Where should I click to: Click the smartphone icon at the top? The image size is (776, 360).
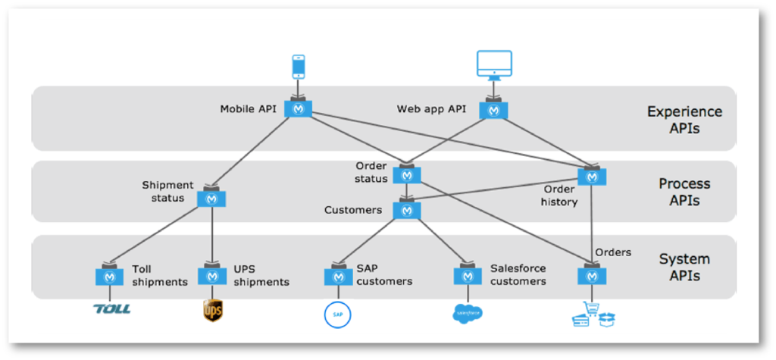pyautogui.click(x=299, y=67)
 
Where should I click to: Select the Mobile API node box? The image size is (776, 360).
pyautogui.click(x=299, y=109)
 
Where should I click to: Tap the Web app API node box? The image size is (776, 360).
pyautogui.click(x=494, y=110)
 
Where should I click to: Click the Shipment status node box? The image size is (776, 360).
pyautogui.click(x=212, y=199)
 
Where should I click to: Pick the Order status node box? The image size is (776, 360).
pyautogui.click(x=407, y=175)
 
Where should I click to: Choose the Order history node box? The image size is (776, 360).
pyautogui.click(x=592, y=177)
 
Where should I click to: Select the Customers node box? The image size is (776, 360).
pyautogui.click(x=407, y=210)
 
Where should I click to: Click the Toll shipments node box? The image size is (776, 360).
pyautogui.click(x=110, y=277)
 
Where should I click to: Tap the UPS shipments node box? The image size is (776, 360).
pyautogui.click(x=212, y=277)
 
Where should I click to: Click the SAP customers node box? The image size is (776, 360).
pyautogui.click(x=338, y=277)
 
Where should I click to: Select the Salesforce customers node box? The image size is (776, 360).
pyautogui.click(x=468, y=277)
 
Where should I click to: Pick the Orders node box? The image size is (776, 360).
pyautogui.click(x=592, y=277)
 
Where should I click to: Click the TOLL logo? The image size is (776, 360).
pyautogui.click(x=111, y=309)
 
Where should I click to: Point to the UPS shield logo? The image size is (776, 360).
pyautogui.click(x=213, y=310)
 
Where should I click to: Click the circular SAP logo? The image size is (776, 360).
pyautogui.click(x=338, y=313)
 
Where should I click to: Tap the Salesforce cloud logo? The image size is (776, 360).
pyautogui.click(x=468, y=312)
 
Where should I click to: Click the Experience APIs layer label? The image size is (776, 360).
pyautogui.click(x=684, y=120)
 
